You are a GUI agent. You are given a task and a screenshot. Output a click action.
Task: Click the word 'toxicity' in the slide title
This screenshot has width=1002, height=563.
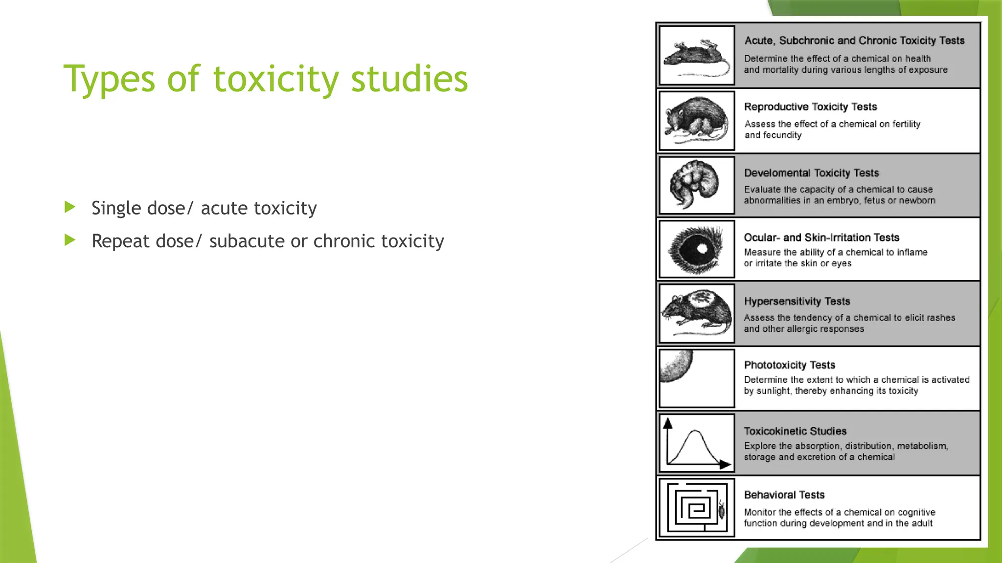pyautogui.click(x=275, y=79)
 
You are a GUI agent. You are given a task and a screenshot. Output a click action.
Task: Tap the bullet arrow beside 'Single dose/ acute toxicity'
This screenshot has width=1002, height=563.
pyautogui.click(x=70, y=207)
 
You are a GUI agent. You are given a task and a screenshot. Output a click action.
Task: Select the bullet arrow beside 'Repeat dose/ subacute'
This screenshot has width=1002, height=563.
pyautogui.click(x=70, y=240)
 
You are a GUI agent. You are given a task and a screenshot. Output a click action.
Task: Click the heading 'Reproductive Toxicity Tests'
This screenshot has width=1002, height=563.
pyautogui.click(x=810, y=107)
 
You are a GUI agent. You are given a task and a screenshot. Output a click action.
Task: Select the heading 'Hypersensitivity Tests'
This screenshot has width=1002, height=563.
pyautogui.click(x=797, y=302)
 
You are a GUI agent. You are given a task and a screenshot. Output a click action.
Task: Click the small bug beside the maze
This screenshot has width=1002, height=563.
pyautogui.click(x=722, y=510)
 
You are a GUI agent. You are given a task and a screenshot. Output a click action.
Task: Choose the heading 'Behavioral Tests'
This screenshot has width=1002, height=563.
pyautogui.click(x=784, y=495)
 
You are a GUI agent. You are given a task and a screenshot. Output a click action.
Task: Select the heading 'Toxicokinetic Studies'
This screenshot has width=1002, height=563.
pyautogui.click(x=795, y=431)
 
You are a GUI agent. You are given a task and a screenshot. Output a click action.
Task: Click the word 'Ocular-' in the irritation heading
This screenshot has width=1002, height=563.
pyautogui.click(x=761, y=238)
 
